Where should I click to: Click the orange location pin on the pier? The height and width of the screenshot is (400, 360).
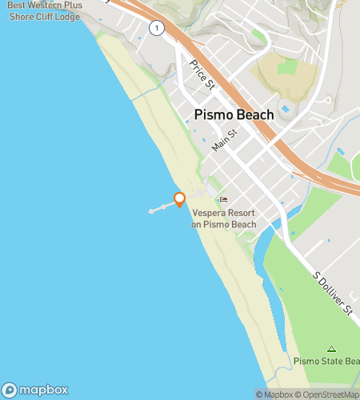pyautogui.click(x=180, y=199)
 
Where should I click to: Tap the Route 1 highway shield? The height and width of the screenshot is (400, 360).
pyautogui.click(x=158, y=29)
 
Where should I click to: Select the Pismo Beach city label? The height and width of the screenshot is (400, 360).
pyautogui.click(x=234, y=115)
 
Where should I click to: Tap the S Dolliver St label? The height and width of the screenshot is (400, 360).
pyautogui.click(x=333, y=293)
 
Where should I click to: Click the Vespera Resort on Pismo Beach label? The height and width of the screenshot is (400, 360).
pyautogui.click(x=224, y=218)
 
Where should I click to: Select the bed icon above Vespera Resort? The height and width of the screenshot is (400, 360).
pyautogui.click(x=223, y=200)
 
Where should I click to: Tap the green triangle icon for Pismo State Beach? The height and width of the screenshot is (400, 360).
pyautogui.click(x=331, y=349)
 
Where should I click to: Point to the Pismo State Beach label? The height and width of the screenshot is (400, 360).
pyautogui.click(x=327, y=362)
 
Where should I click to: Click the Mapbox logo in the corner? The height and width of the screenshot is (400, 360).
pyautogui.click(x=35, y=389)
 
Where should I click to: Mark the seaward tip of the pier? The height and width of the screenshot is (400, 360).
pyautogui.click(x=150, y=212)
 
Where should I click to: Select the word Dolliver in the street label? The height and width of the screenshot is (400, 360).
pyautogui.click(x=334, y=294)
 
